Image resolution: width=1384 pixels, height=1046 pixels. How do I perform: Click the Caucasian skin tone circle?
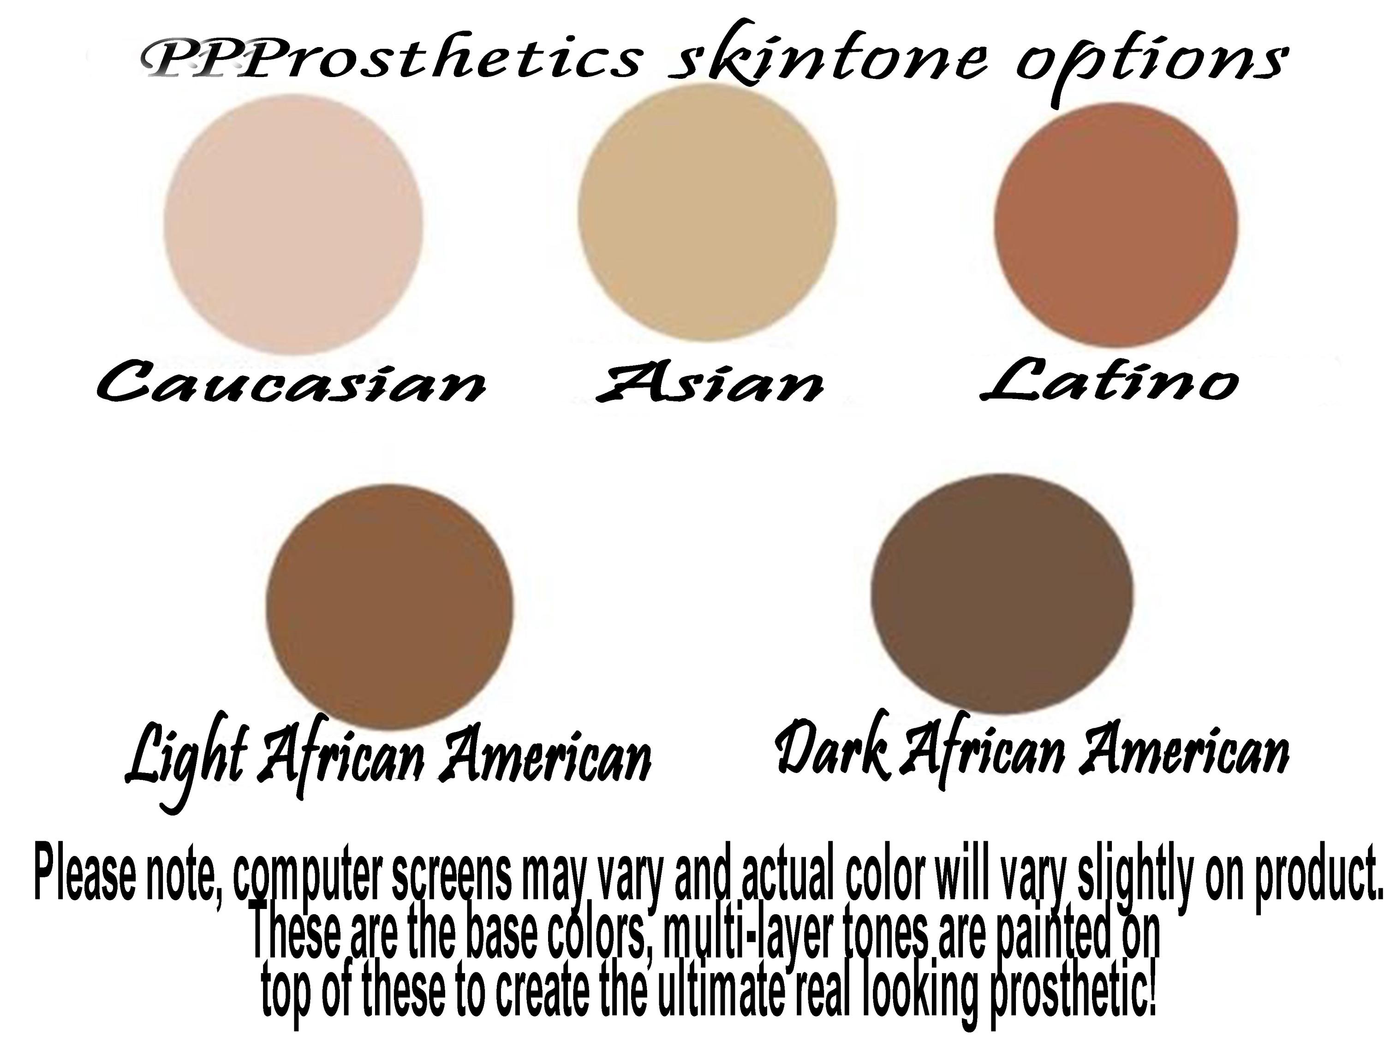[x=293, y=224]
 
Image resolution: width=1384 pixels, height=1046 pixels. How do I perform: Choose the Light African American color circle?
[x=389, y=607]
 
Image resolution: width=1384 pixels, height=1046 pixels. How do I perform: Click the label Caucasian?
[x=291, y=381]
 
